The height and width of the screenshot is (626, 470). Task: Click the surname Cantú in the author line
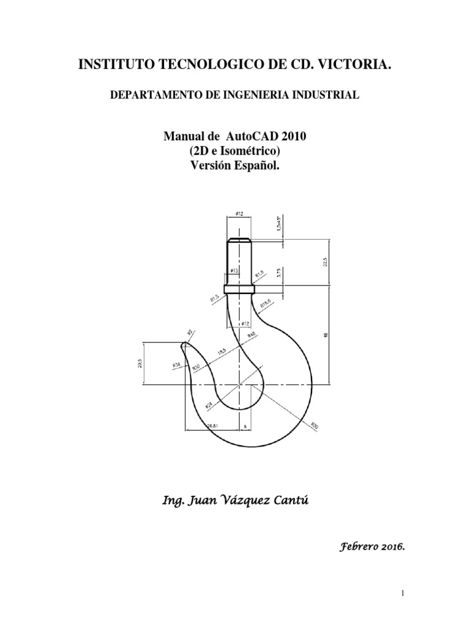[291, 503]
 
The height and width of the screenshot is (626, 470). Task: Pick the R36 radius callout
[176, 365]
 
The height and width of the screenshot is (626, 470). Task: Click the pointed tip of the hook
[183, 346]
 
